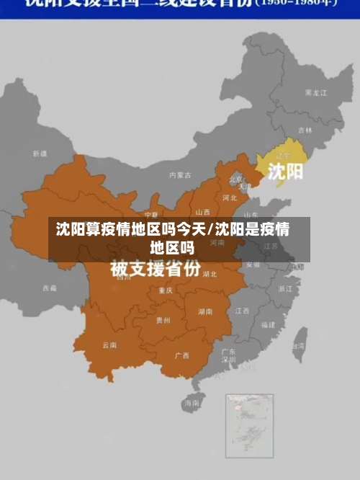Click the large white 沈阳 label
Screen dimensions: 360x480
point(286,171)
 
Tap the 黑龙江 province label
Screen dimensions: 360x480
point(317,92)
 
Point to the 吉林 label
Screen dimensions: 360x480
point(305,130)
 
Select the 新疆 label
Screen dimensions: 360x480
point(40,154)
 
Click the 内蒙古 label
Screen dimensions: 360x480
point(180,174)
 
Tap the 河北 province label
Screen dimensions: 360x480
point(230,197)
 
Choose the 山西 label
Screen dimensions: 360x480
point(202,212)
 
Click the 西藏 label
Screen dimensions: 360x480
point(49,288)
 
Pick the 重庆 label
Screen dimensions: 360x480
point(166,290)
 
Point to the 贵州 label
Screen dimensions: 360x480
point(163,321)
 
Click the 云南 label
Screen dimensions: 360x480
point(109,345)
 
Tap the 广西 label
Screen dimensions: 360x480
point(181,356)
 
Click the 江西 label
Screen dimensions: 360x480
point(242,311)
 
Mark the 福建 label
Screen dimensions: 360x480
point(268,325)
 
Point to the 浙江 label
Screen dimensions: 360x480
point(285,288)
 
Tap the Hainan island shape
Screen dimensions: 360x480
point(192,404)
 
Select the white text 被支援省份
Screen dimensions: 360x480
point(155,270)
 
